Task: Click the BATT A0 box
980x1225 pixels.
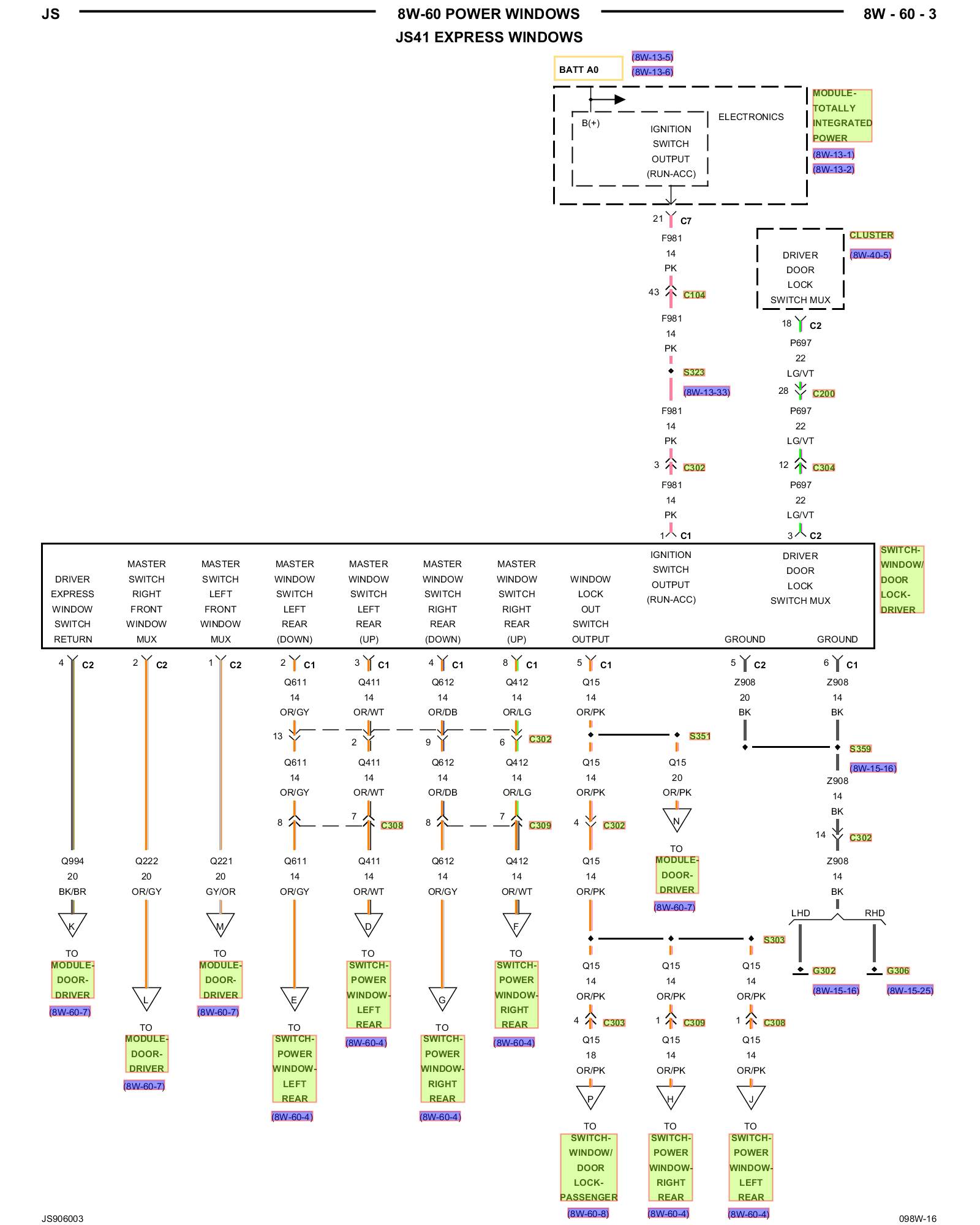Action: (588, 69)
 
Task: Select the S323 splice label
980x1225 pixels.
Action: (694, 372)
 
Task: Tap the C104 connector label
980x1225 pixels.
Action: (694, 295)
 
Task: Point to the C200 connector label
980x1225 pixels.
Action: (823, 394)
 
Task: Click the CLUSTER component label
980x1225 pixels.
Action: (871, 235)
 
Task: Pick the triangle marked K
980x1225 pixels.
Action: (72, 924)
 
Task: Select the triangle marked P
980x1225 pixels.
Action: (590, 1096)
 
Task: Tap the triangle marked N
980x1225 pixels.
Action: (677, 819)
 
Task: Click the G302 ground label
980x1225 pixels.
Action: (824, 971)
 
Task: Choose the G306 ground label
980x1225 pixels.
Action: (898, 971)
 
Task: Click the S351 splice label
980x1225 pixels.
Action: (699, 736)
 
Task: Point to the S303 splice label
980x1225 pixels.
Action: (774, 940)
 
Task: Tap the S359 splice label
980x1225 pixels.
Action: (860, 749)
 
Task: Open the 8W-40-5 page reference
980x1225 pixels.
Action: (870, 255)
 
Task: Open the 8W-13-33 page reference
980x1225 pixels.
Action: (707, 392)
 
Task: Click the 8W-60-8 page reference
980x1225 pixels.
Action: (588, 1213)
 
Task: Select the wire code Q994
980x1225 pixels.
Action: (72, 861)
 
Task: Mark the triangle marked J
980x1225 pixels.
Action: (751, 1096)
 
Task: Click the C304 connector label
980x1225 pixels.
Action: (823, 468)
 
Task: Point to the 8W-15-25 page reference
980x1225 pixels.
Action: (910, 990)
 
